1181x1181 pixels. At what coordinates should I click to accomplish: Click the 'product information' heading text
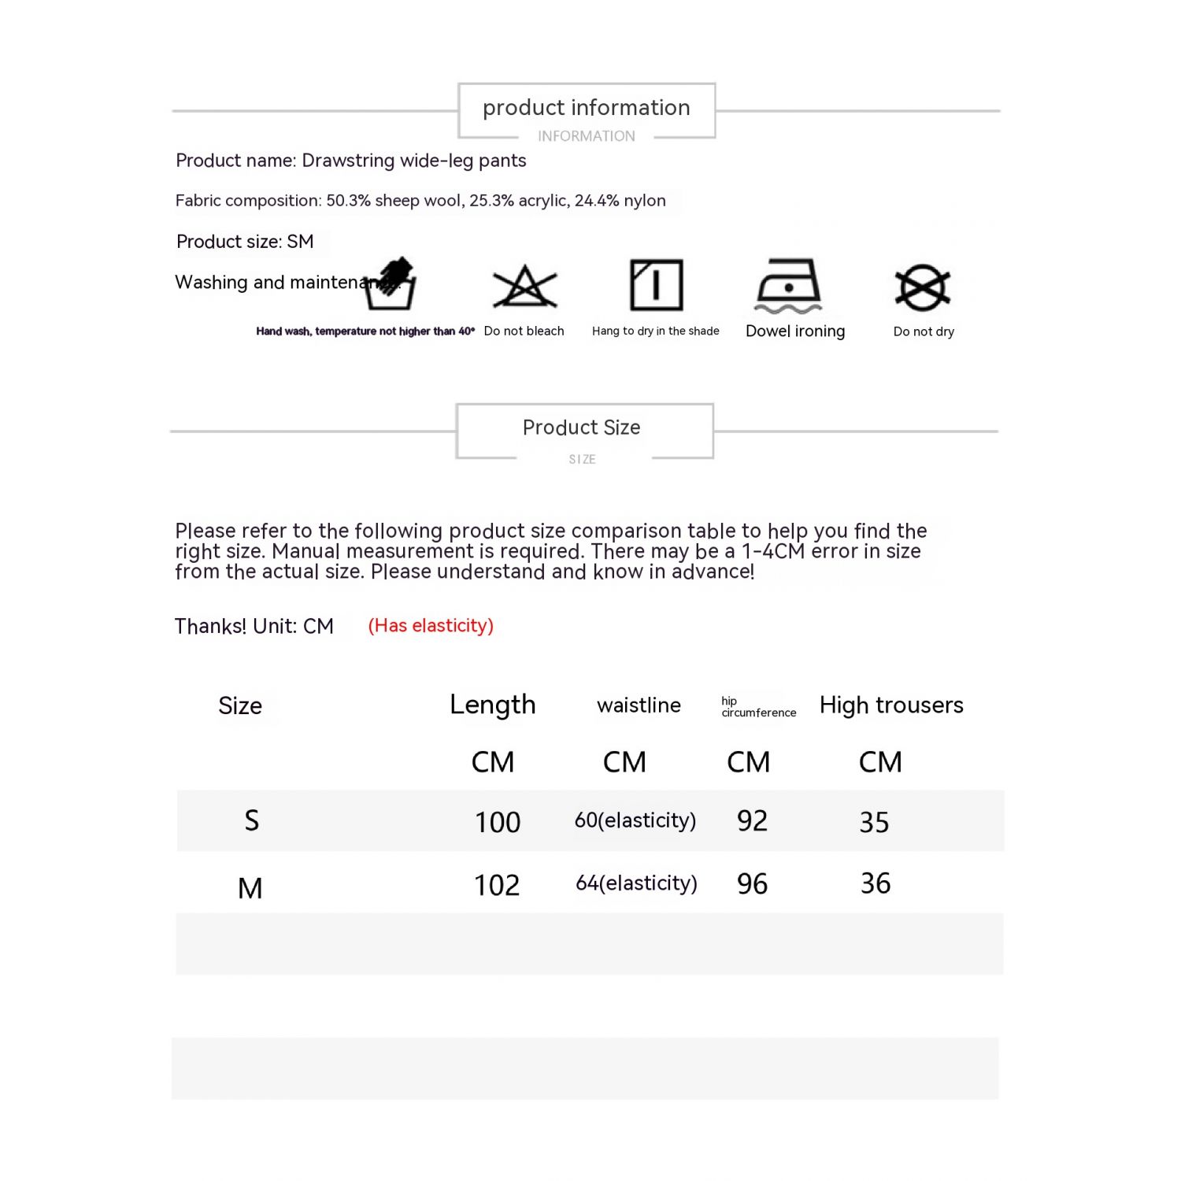tap(586, 108)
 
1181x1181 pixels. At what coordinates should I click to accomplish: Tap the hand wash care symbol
tap(391, 284)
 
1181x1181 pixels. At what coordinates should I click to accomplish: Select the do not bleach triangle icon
tap(524, 287)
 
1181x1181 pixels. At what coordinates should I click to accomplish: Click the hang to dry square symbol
tap(656, 285)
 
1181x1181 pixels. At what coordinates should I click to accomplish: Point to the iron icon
tap(788, 285)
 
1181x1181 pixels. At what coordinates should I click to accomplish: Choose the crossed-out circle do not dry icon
tap(923, 287)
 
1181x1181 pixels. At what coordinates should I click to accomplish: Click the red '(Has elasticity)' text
tap(431, 626)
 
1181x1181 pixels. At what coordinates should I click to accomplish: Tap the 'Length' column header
tap(492, 705)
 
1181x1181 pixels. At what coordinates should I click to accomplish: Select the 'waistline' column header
tap(639, 705)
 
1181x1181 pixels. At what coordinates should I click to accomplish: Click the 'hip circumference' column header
tap(758, 707)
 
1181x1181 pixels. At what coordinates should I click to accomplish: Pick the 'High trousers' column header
tap(891, 705)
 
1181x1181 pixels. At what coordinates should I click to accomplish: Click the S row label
tap(251, 821)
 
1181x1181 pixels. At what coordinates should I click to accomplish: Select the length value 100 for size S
tap(498, 823)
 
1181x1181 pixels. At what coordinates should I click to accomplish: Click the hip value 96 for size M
tap(752, 884)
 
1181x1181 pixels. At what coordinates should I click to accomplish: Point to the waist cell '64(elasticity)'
tap(636, 883)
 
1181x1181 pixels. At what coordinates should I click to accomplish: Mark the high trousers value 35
tap(874, 823)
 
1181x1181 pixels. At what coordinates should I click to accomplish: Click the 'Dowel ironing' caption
tap(795, 331)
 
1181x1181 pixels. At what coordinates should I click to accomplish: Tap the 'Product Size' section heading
tap(581, 428)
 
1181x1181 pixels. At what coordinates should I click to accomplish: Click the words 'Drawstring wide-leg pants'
tap(414, 161)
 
